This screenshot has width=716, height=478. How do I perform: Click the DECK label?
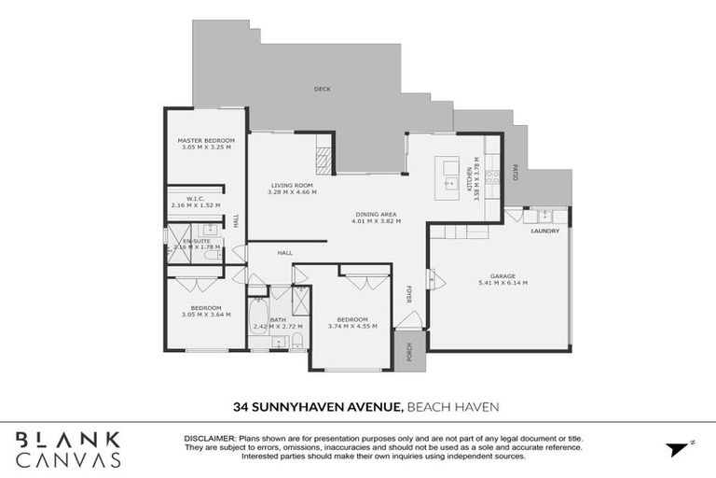coord(322,90)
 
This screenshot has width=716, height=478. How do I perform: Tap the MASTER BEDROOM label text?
coord(206,141)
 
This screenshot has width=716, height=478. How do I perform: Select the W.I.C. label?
coord(195,198)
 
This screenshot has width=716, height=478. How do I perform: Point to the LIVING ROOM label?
coord(292,185)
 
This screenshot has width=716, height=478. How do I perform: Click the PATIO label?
coord(514,173)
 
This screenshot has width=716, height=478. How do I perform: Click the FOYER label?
coord(407,295)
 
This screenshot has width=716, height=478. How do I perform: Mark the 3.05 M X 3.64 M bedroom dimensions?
coord(206,315)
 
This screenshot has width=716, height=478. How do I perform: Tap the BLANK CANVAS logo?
coord(68,448)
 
